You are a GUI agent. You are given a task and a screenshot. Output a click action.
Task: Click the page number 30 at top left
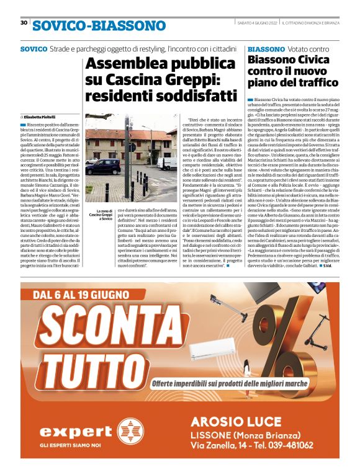(x=24, y=23)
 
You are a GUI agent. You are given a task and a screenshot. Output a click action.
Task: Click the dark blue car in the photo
(x=105, y=166)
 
